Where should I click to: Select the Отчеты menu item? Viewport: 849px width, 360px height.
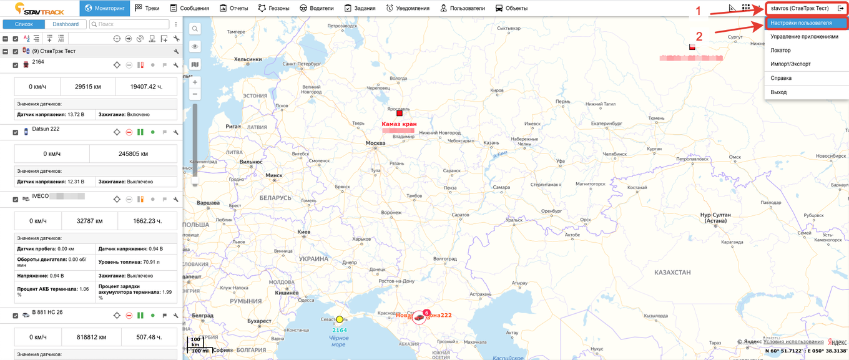pos(234,8)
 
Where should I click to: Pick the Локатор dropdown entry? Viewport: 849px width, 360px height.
pos(780,50)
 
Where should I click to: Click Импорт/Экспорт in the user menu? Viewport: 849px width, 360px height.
pos(790,64)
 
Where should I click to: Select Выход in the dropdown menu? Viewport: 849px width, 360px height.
pos(778,92)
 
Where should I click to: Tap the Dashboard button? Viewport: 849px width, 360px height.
pos(66,24)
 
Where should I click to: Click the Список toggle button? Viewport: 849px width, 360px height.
pos(24,24)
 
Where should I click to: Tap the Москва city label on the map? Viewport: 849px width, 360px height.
pos(375,144)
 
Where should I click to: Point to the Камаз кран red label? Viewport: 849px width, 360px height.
pos(399,124)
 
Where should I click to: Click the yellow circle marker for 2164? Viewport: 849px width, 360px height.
pos(340,319)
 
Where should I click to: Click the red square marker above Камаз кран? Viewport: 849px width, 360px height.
pos(399,113)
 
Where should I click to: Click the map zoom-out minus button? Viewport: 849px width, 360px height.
pos(195,94)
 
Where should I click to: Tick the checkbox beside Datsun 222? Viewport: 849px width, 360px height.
pos(16,132)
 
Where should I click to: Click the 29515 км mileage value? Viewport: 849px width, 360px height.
pos(89,87)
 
